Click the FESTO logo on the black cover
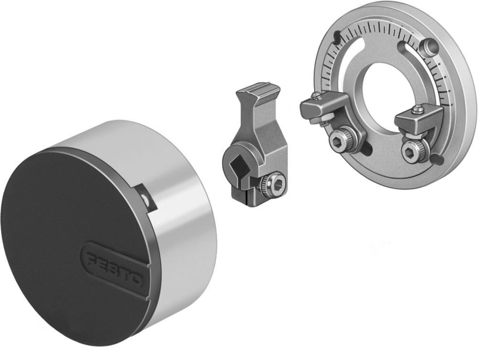pyautogui.click(x=115, y=267)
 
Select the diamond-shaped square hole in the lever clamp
pyautogui.click(x=238, y=167)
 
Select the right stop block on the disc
pyautogui.click(x=415, y=118)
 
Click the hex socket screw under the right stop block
pyautogui.click(x=410, y=153)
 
